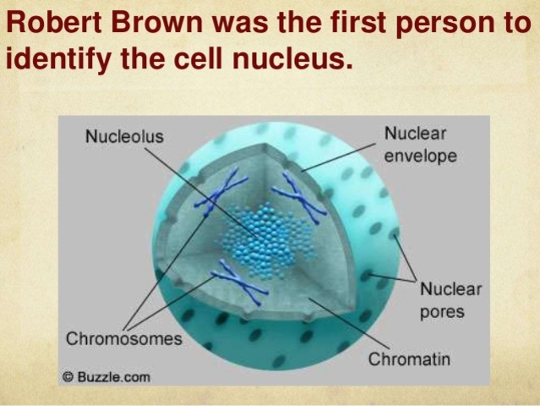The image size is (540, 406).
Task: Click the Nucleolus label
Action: (124, 136)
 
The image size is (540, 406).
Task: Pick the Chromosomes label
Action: (124, 339)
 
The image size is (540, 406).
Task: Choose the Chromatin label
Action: (409, 359)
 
